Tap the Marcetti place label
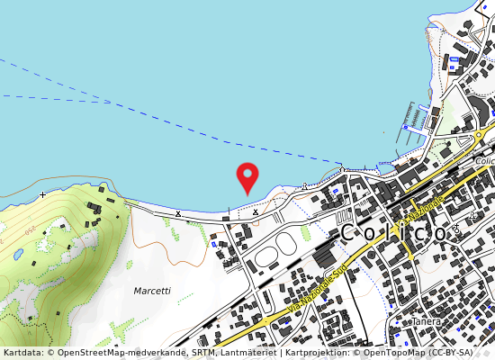151,292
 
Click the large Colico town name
393,232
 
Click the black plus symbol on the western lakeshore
42,194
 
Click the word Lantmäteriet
248,353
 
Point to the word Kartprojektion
315,353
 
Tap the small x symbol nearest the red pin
256,212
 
